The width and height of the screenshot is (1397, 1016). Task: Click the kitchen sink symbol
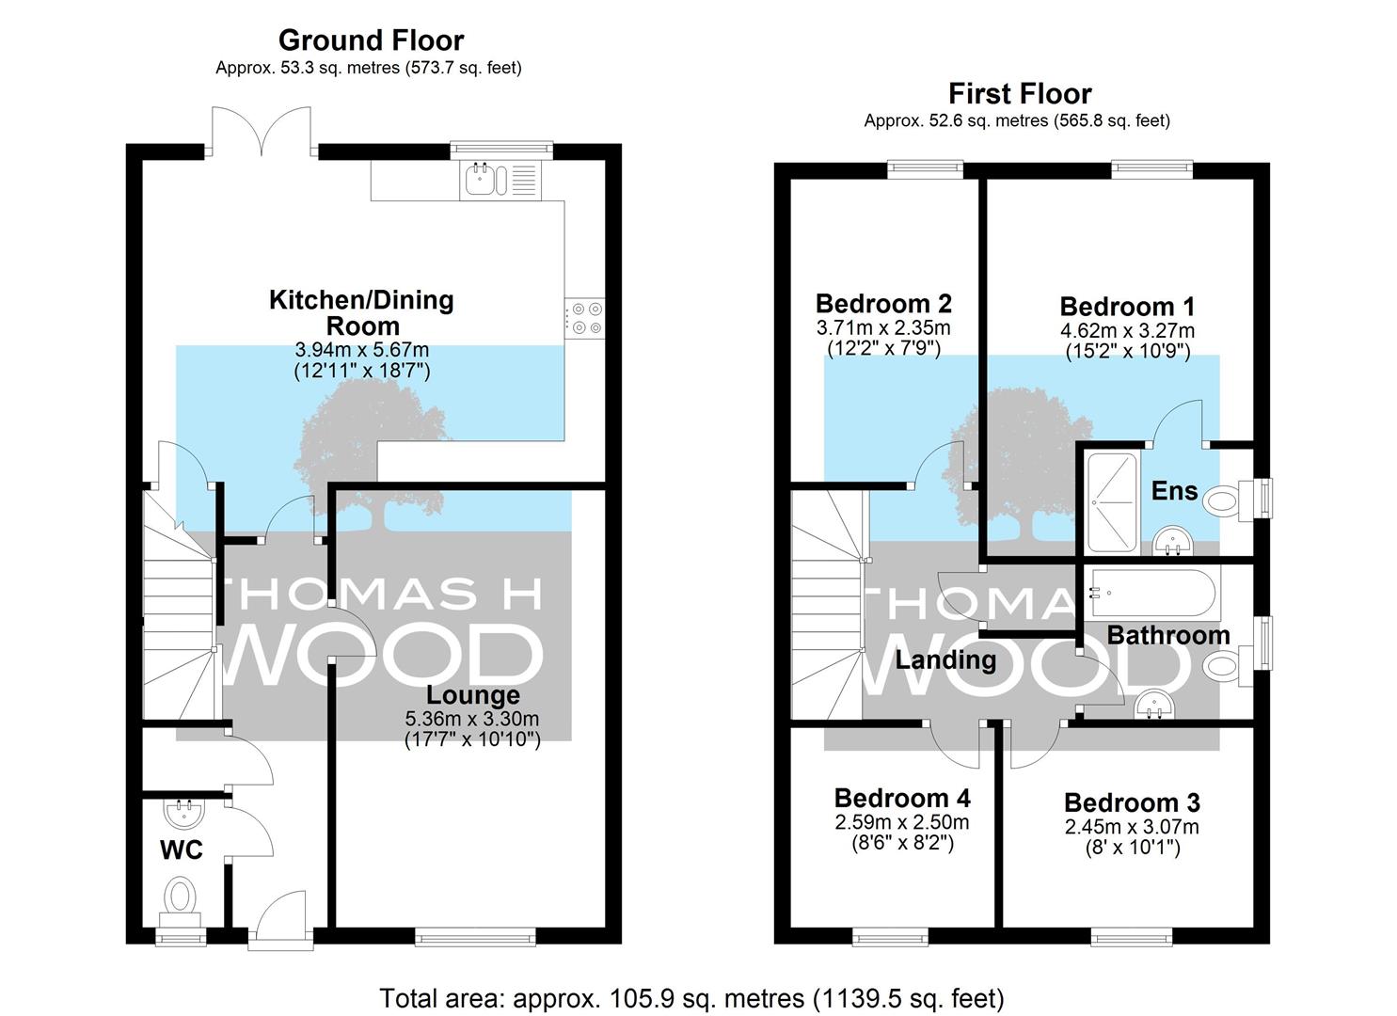(500, 181)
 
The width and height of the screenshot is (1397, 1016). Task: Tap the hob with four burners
(584, 318)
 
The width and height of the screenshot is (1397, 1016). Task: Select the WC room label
(182, 850)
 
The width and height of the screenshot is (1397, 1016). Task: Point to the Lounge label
(473, 695)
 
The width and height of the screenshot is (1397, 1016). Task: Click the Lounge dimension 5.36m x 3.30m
(472, 719)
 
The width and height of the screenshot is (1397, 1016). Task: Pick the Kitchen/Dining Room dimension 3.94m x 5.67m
(362, 350)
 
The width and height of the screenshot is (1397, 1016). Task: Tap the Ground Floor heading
(371, 40)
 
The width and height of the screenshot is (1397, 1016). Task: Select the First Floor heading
(1021, 94)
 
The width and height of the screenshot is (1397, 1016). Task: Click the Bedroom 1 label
(1128, 307)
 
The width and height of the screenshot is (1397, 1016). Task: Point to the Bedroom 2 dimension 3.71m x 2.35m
(883, 327)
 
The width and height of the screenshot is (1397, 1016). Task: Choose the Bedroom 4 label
(902, 799)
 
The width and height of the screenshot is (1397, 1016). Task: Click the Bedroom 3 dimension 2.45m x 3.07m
(1132, 827)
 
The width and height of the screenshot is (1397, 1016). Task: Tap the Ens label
(1174, 491)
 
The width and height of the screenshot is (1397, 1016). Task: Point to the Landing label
(945, 660)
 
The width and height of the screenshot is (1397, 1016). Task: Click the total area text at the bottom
(691, 998)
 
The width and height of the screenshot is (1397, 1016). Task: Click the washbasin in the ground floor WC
(184, 812)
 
